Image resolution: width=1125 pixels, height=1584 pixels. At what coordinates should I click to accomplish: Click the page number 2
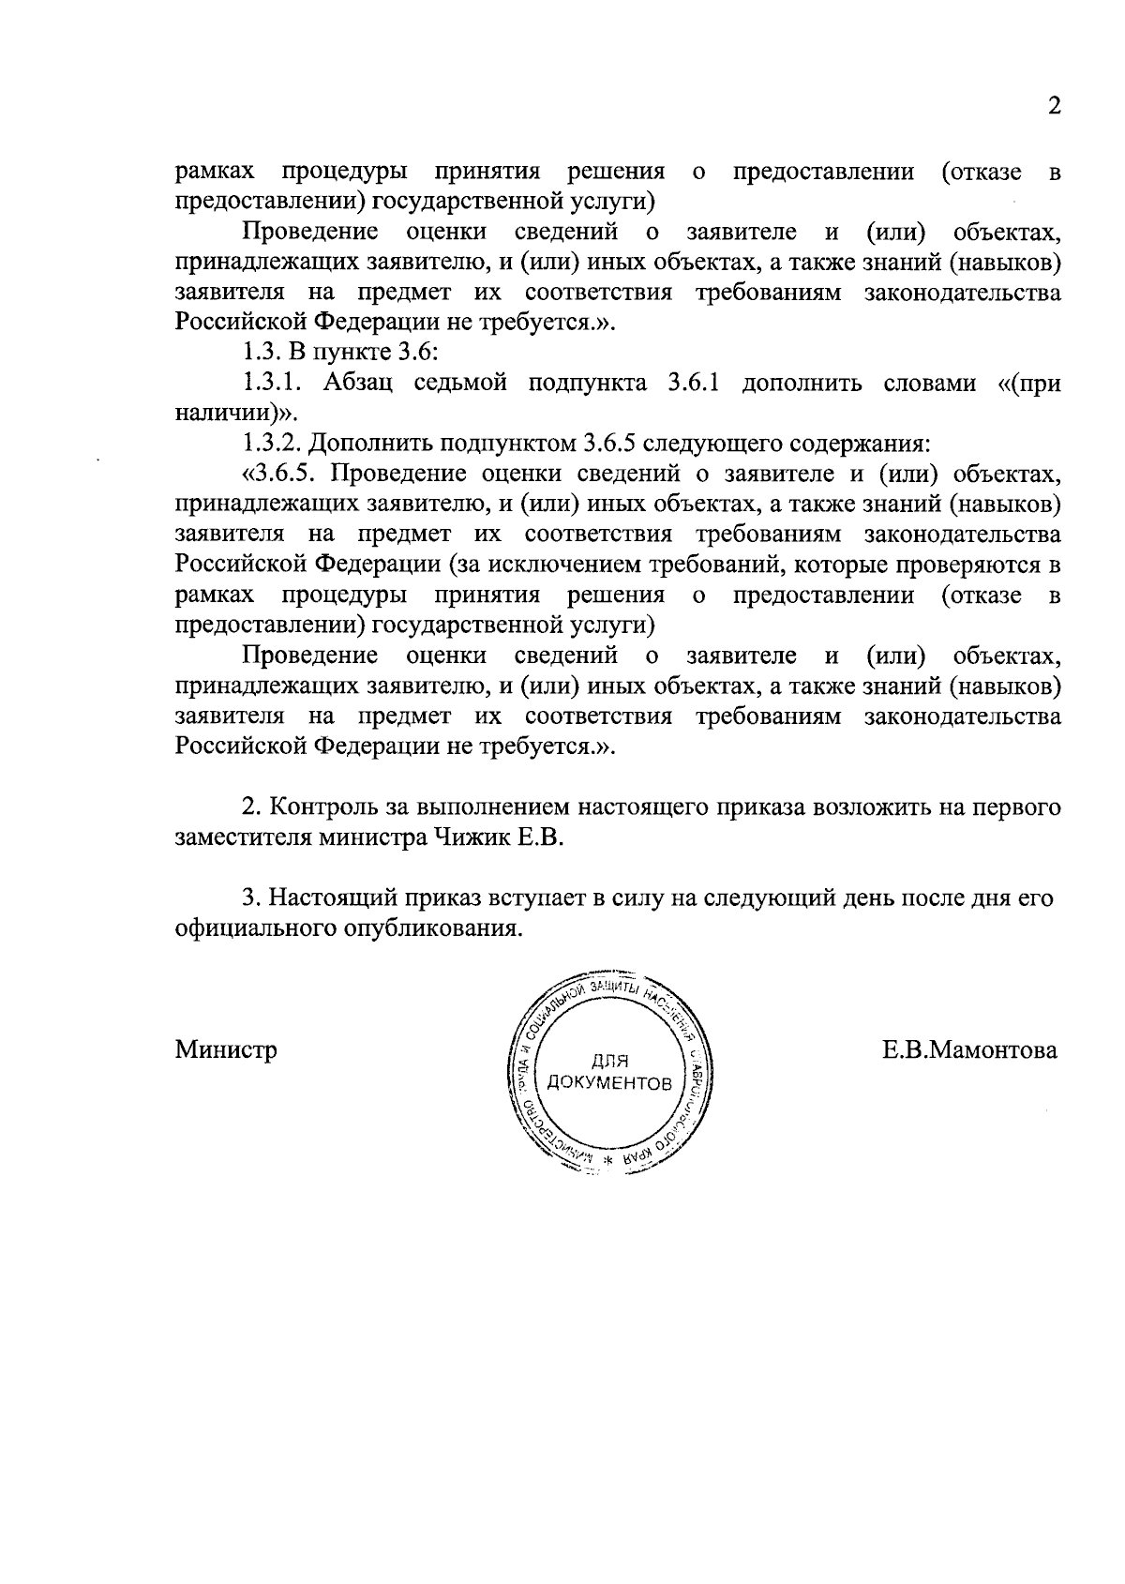[x=1055, y=106]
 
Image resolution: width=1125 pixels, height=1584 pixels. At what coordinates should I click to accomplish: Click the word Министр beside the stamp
[x=226, y=1050]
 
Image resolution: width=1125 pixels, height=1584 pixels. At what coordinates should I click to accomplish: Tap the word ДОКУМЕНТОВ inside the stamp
[x=609, y=1085]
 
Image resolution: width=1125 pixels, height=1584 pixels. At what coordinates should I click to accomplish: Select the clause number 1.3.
[x=259, y=355]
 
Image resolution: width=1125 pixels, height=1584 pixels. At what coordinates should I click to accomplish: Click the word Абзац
[x=357, y=385]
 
